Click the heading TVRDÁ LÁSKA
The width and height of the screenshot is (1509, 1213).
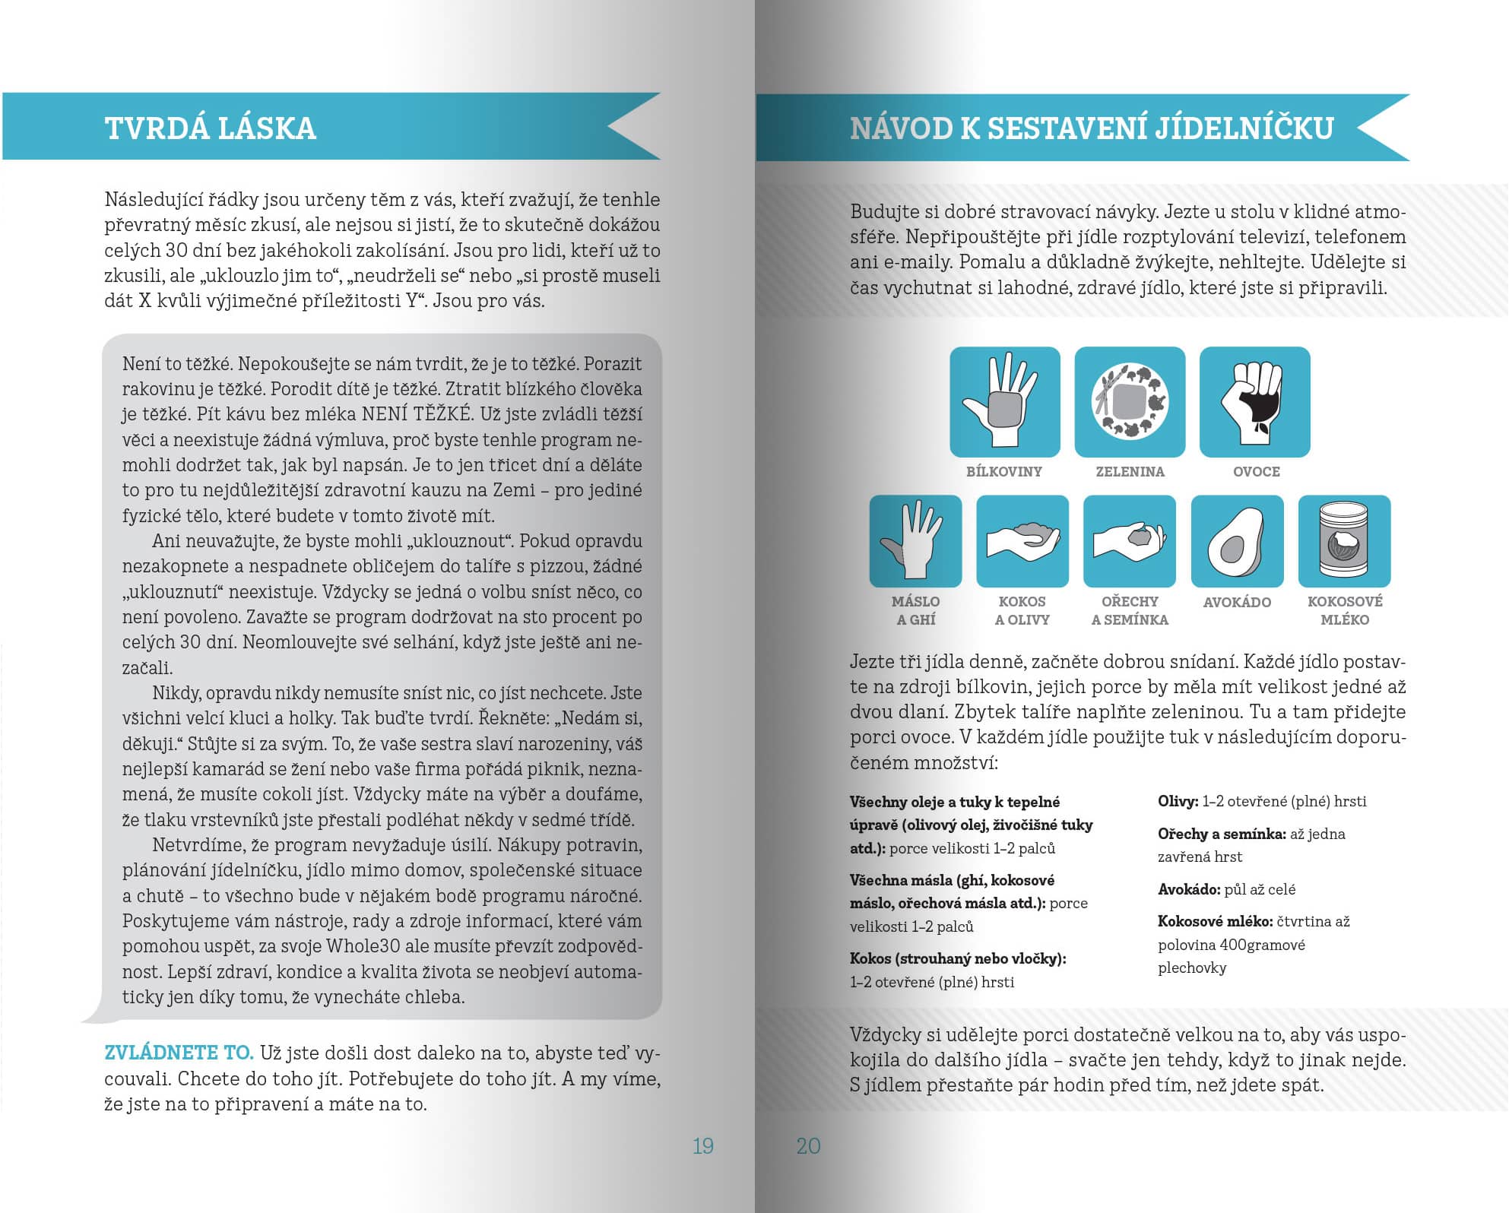tap(210, 128)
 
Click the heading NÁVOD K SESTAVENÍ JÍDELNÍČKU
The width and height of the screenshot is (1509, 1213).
tap(1092, 128)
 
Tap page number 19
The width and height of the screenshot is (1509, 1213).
tap(702, 1145)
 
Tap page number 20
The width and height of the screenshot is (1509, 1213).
tap(808, 1145)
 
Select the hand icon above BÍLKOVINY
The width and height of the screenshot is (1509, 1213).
tap(1004, 402)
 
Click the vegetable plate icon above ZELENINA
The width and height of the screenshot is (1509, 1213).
tap(1130, 402)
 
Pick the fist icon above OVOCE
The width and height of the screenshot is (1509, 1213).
tap(1254, 402)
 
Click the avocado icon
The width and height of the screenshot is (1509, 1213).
tap(1237, 541)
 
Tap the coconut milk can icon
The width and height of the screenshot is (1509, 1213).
tap(1344, 541)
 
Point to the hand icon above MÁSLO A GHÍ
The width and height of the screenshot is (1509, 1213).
tap(915, 541)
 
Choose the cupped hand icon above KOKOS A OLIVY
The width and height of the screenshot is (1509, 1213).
tap(1022, 541)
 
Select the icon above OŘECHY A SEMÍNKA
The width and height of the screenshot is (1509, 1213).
tap(1130, 541)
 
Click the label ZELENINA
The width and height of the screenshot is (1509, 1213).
tap(1130, 471)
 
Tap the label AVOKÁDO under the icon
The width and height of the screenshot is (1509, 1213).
tap(1237, 602)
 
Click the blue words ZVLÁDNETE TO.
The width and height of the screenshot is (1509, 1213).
tap(179, 1053)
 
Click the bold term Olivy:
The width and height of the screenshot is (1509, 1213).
tap(1178, 801)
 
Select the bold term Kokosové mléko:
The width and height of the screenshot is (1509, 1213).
tap(1215, 921)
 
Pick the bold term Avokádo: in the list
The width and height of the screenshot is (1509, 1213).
tap(1189, 889)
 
